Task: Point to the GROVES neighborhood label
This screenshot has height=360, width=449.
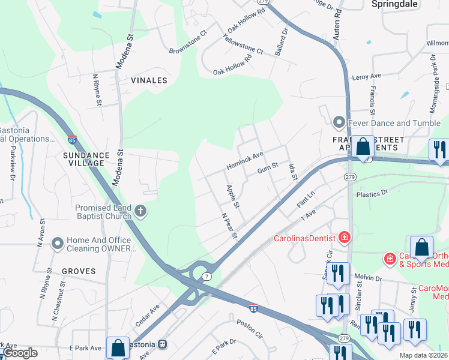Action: click(78, 271)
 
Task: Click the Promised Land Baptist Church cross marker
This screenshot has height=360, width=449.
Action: click(140, 211)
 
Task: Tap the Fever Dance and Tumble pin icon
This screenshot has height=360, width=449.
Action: click(340, 123)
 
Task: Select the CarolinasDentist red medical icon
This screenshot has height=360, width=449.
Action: click(345, 237)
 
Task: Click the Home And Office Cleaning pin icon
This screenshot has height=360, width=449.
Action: click(57, 243)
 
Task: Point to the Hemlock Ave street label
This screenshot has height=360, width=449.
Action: click(245, 160)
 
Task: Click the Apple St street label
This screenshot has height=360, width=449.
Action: click(233, 197)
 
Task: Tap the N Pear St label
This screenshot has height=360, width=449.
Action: click(229, 226)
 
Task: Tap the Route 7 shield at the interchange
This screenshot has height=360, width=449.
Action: click(206, 276)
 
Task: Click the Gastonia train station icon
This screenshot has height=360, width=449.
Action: click(161, 345)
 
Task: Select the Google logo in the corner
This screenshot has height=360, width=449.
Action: click(20, 353)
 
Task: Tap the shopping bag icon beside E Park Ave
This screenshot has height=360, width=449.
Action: click(118, 347)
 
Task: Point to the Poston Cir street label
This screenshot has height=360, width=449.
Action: click(250, 329)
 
